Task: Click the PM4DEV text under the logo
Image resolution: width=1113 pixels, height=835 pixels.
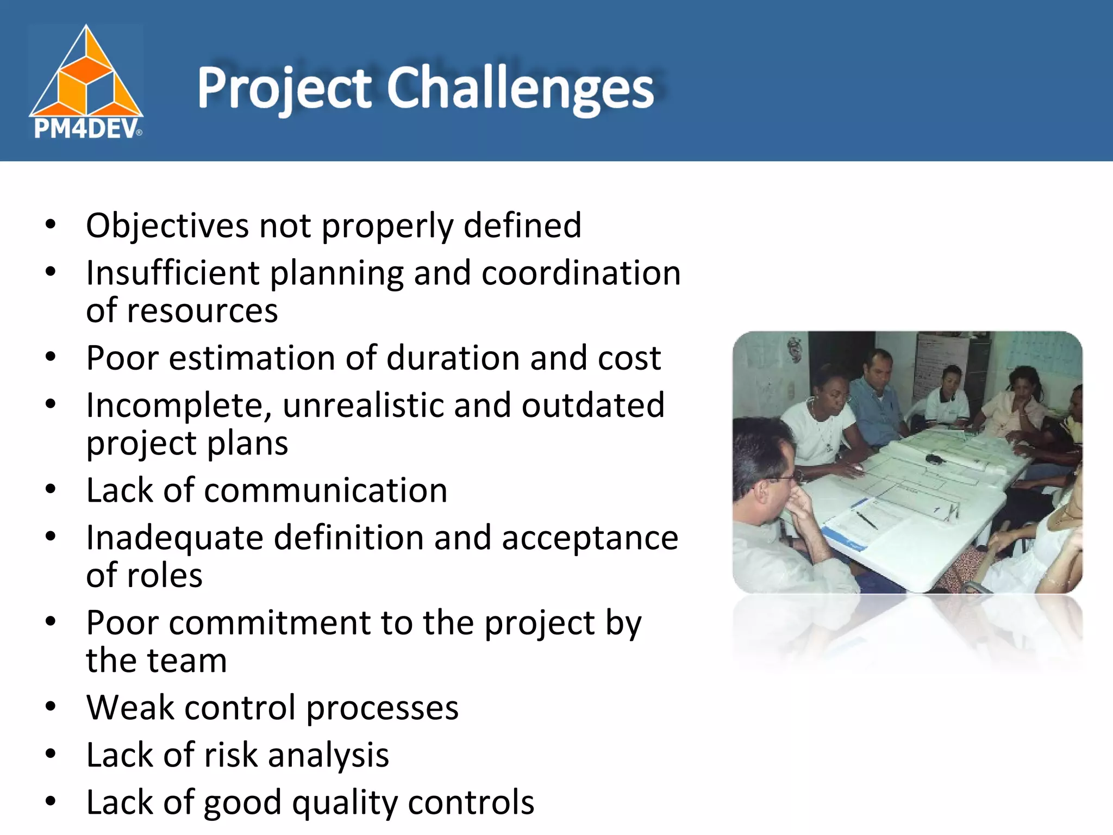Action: [86, 129]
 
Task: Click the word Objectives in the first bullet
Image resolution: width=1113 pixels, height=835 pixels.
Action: [168, 226]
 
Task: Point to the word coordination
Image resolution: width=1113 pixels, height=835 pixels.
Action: [580, 273]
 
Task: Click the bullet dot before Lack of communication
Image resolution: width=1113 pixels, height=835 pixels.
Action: [51, 489]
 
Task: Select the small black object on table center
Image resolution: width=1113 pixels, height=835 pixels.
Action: [934, 459]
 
